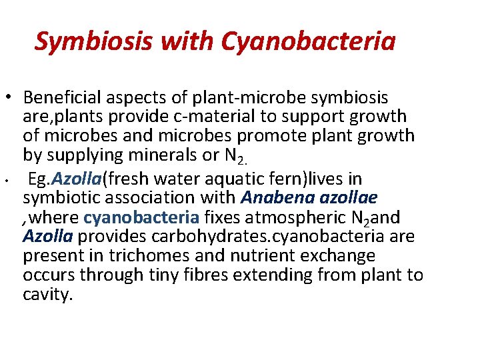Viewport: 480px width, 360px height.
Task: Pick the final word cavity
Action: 47,294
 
